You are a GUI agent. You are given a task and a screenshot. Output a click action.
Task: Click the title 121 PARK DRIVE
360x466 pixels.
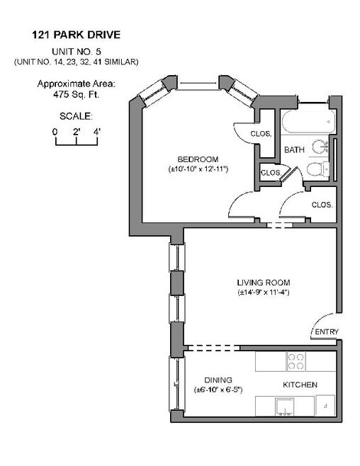[75, 33]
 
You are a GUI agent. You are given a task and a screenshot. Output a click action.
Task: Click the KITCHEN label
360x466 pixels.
[300, 385]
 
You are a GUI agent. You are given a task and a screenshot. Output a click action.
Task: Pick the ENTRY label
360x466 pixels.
[327, 332]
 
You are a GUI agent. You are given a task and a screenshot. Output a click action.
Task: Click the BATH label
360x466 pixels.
[294, 150]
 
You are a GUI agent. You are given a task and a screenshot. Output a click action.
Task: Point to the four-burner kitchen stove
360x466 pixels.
[296, 362]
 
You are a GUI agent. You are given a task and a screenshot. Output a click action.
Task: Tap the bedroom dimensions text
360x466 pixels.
[197, 170]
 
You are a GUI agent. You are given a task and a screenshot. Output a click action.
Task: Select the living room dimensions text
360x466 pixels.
[263, 292]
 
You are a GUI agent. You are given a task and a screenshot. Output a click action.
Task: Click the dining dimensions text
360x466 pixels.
[218, 390]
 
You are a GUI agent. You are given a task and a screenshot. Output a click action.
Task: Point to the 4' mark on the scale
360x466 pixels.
[96, 132]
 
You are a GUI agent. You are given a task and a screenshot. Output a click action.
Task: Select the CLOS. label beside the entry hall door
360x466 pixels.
[322, 205]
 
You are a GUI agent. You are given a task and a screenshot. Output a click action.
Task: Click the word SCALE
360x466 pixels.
[75, 115]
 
